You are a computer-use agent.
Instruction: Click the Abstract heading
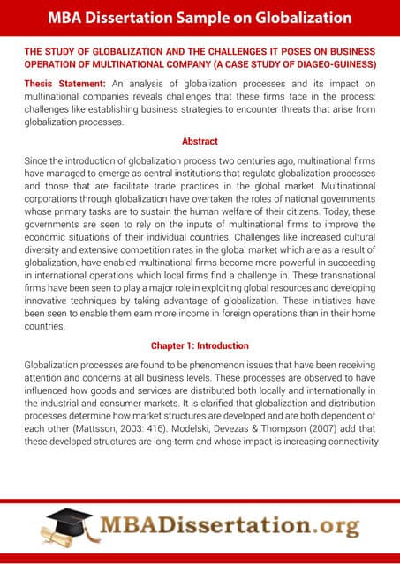pyautogui.click(x=200, y=141)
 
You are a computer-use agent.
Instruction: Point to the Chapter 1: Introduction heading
pyautogui.click(x=200, y=345)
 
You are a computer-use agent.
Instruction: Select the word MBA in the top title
pyautogui.click(x=67, y=18)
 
